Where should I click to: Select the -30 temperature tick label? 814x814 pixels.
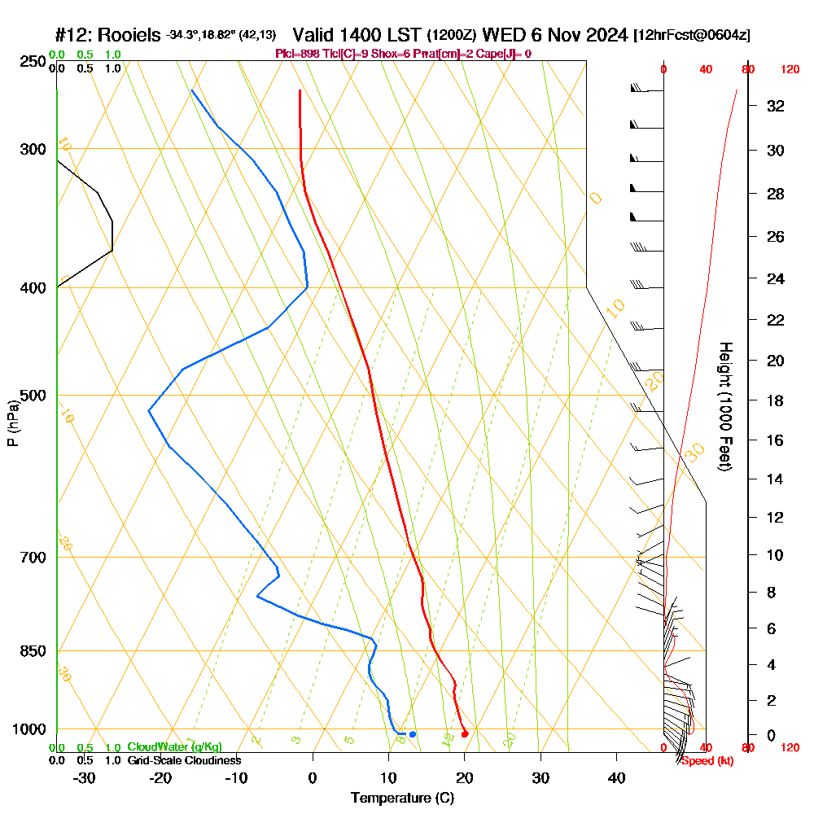[84, 778]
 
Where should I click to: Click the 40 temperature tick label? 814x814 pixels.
[616, 778]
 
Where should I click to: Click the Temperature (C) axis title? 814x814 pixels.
[402, 799]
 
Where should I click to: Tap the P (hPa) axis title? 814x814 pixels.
[12, 422]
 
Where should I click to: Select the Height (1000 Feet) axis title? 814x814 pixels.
[724, 406]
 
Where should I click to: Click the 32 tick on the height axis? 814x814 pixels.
[777, 106]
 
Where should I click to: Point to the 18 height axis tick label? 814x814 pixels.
[777, 400]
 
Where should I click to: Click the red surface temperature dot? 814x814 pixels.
[464, 734]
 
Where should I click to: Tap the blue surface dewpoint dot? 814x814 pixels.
[413, 734]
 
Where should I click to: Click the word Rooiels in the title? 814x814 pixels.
[130, 35]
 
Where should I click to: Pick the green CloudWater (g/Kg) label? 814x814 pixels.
[174, 747]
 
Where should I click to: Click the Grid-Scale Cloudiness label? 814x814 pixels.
[183, 760]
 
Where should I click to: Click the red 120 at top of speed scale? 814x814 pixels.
[790, 70]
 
